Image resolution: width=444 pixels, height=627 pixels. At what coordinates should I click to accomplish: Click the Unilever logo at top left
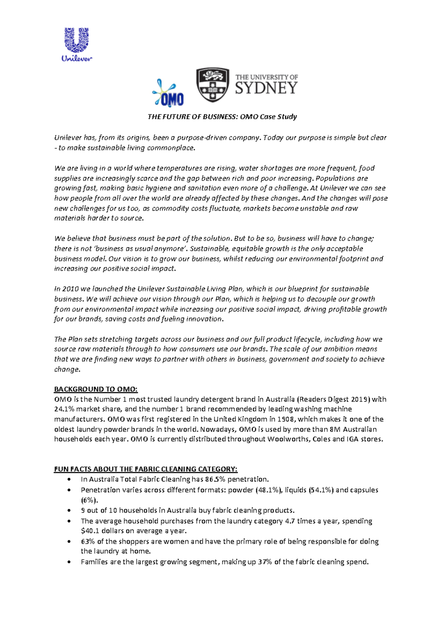77,44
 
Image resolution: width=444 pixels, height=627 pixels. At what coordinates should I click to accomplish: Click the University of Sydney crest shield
212,85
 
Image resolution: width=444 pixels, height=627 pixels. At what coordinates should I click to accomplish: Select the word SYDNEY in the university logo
266,88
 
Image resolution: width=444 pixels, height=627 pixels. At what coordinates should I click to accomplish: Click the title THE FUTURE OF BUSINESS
192,117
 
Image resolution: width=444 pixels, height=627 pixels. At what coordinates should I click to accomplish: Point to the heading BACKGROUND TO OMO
96,389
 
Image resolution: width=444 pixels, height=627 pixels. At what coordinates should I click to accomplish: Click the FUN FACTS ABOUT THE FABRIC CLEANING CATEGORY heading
146,469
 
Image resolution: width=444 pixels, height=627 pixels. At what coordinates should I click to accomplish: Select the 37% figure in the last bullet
265,562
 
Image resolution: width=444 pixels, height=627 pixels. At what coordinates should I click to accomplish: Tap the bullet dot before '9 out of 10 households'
69,511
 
